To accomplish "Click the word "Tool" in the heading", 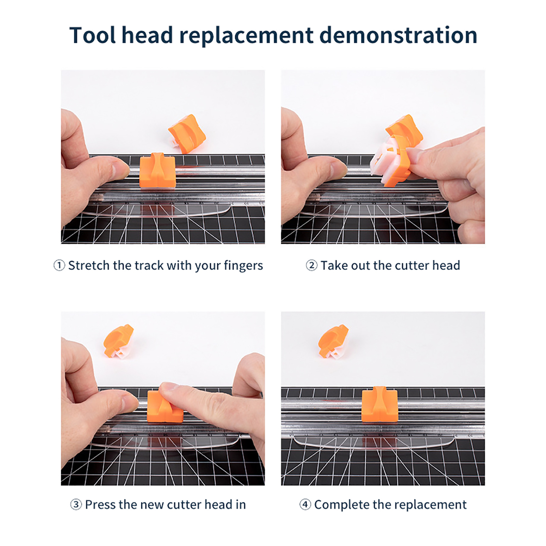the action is pyautogui.click(x=92, y=35).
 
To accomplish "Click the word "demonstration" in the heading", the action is pyautogui.click(x=398, y=35).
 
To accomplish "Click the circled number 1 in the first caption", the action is pyautogui.click(x=59, y=265).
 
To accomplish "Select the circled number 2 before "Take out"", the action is pyautogui.click(x=311, y=265).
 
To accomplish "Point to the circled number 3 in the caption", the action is pyautogui.click(x=76, y=504).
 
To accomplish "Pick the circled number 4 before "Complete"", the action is pyautogui.click(x=305, y=504).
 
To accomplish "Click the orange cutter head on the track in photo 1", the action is pyautogui.click(x=157, y=170).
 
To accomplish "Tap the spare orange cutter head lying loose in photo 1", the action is pyautogui.click(x=187, y=134).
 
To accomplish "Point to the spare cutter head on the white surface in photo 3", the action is pyautogui.click(x=118, y=341).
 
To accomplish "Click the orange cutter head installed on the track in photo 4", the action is pyautogui.click(x=380, y=404).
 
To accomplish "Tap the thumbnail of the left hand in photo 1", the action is pyautogui.click(x=120, y=168).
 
